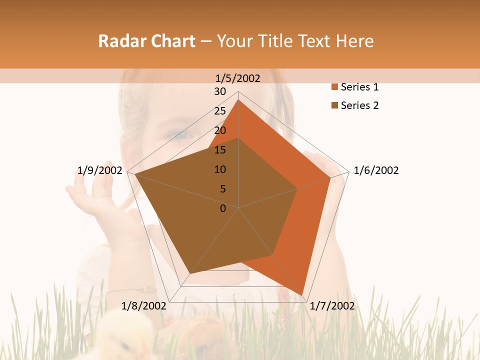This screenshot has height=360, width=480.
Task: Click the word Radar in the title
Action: coord(119,41)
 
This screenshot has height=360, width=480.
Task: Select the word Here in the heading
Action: coord(355,41)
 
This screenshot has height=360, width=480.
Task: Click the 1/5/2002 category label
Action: coord(238,78)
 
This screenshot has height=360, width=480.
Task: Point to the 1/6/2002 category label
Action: coord(376,170)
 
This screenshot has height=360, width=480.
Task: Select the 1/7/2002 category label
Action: coord(332,306)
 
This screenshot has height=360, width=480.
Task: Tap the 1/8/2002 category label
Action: coord(143,306)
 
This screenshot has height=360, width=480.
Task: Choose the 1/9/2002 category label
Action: coord(100,170)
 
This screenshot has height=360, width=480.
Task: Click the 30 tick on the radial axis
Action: coord(220,91)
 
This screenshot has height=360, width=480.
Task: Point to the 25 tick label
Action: coord(220,111)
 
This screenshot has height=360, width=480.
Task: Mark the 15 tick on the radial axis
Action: coord(220,150)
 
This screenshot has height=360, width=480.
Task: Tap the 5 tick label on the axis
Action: coord(222,189)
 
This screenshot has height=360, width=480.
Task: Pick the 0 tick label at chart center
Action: coord(223,208)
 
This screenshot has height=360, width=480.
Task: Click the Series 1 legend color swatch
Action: coord(334,87)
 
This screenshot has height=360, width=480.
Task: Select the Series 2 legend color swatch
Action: coord(334,105)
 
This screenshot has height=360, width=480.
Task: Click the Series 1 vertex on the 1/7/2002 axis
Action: coord(302,295)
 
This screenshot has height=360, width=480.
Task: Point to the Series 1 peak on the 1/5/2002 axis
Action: coord(238,99)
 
